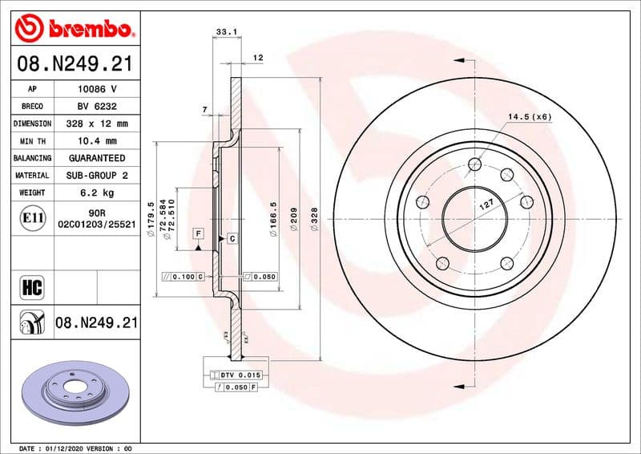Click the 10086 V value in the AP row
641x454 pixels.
(96, 89)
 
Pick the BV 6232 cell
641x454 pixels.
(96, 106)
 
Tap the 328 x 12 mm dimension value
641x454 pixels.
(96, 124)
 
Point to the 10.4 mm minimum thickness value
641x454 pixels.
(96, 140)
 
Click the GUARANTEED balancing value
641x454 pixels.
(96, 158)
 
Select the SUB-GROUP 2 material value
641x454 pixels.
(96, 175)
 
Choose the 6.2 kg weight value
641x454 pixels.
(96, 193)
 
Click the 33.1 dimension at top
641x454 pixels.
(227, 32)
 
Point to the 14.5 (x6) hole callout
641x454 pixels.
(530, 117)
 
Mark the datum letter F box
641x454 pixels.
(197, 233)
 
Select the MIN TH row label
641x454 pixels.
(32, 140)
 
